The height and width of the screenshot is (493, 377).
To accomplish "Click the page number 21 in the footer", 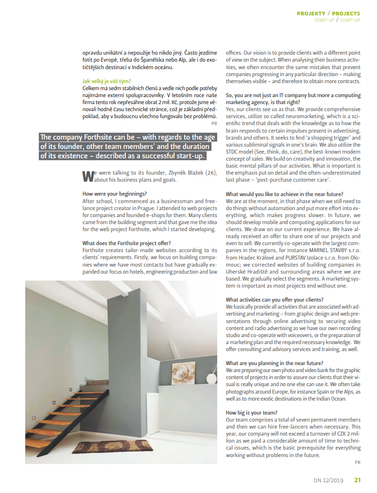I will click(357, 480).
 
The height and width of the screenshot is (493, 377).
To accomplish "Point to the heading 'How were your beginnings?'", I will click(114, 194).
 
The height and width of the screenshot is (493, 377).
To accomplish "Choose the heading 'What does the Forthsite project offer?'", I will click(127, 243).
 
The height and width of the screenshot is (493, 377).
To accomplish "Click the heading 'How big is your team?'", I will click(251, 413).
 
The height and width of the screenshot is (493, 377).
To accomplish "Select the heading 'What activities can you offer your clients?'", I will click(275, 300).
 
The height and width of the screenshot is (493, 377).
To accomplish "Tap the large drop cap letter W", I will click(88, 176).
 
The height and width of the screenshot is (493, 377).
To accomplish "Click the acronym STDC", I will click(233, 152).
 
